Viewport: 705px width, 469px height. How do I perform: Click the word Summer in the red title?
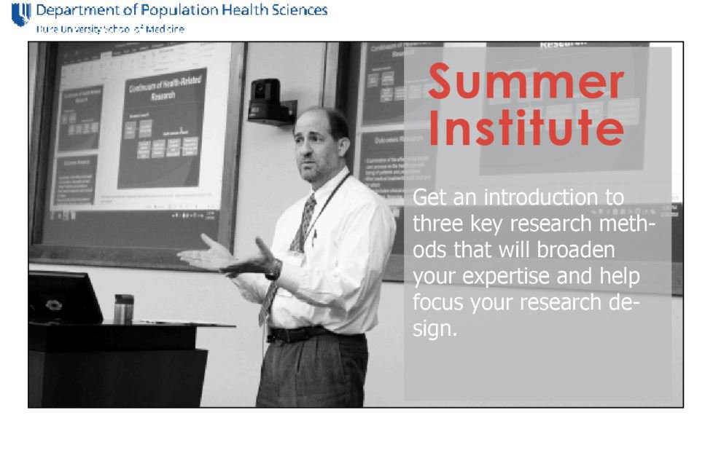[x=526, y=82]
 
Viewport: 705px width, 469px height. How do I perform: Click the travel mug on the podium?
[x=123, y=309]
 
